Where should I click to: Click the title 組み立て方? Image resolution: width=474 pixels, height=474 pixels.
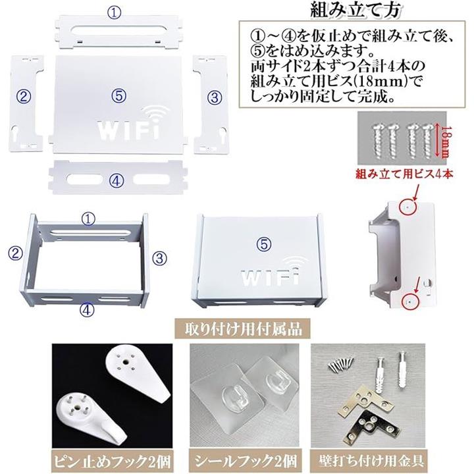pos(355,10)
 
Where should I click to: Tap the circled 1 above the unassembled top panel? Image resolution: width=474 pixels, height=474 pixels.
pos(115,13)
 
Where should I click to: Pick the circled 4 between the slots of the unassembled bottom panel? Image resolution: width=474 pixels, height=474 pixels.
pos(117,181)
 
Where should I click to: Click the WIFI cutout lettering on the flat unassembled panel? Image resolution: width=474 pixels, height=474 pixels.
pos(129,130)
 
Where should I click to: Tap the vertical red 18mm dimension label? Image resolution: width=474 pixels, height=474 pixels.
pos(443,140)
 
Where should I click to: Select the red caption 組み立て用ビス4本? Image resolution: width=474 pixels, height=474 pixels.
pos(404,174)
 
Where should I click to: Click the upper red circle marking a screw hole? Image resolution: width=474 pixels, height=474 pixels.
pos(408,207)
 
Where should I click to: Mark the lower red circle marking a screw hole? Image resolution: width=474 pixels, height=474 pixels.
pos(409,302)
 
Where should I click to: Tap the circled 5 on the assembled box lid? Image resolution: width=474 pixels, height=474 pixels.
pos(265,244)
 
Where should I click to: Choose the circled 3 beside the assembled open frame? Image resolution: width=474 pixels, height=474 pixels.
pos(159,258)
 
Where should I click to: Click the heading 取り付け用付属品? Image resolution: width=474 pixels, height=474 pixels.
pos(244,329)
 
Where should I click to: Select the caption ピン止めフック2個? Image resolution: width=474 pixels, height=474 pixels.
pos(112,461)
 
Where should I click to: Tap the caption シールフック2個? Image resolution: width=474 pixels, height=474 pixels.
pos(245,461)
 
